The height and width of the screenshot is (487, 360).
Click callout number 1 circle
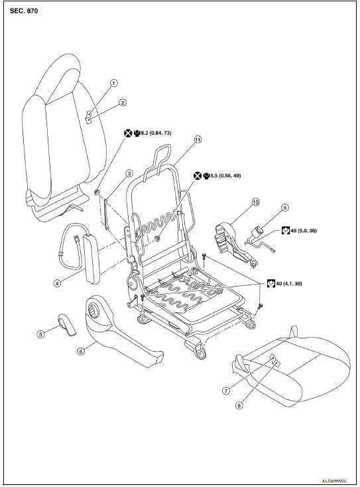click(113, 83)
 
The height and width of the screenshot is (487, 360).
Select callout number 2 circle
click(122, 103)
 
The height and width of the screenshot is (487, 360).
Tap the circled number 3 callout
click(129, 173)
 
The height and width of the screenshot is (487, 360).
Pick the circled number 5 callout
click(40, 334)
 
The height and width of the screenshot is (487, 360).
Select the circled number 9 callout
click(285, 208)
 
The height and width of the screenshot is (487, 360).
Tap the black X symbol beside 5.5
click(197, 175)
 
